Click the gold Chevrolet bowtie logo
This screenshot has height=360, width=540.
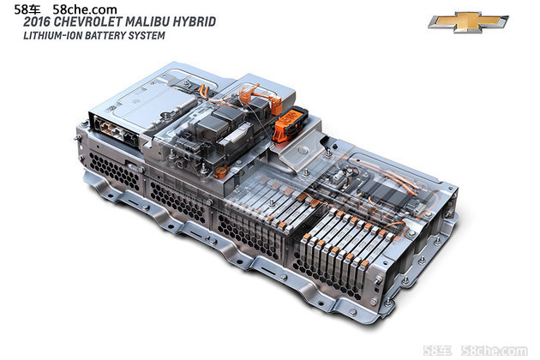click(468, 21)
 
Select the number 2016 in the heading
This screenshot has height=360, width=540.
click(37, 21)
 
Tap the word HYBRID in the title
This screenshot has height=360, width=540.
click(194, 21)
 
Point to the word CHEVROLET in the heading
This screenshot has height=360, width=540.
click(87, 21)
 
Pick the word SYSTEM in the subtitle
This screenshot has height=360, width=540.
click(147, 35)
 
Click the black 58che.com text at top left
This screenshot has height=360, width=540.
click(84, 9)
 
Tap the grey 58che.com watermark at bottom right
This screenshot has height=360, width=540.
click(495, 351)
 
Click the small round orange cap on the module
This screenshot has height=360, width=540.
click(220, 172)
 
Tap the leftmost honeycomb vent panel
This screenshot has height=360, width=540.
click(114, 171)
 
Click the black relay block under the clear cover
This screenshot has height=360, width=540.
click(224, 121)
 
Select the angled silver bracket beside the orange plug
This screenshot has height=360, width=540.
click(303, 153)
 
